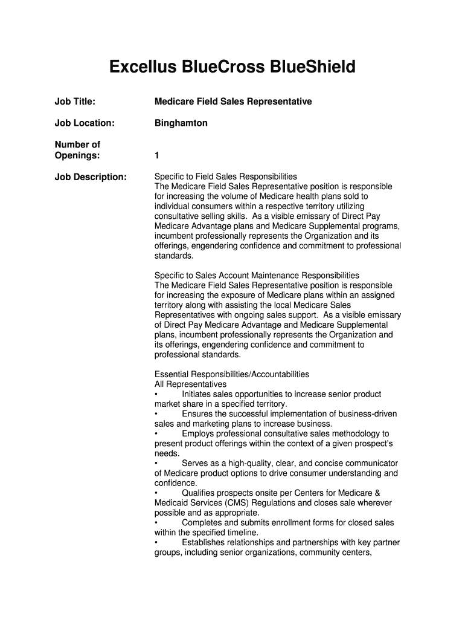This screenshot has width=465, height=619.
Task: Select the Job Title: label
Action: pos(75,102)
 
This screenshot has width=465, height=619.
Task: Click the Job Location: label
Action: pos(85,123)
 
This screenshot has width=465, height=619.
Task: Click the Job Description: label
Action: pos(91,177)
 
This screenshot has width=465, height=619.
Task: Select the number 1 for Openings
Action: pos(157,156)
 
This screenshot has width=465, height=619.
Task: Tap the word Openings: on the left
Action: pos(77,156)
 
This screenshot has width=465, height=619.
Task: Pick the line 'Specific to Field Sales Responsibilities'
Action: pos(226,177)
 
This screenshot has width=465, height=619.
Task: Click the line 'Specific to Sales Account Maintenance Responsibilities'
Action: pos(257,276)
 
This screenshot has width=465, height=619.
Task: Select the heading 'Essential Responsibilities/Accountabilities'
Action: pos(232,374)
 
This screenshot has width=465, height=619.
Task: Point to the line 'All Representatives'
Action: pos(191,384)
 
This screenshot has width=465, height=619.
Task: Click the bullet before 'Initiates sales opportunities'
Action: pos(156,394)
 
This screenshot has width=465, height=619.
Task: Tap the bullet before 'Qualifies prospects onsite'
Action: pos(156,493)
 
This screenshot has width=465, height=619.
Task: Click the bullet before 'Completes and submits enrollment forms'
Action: pos(156,522)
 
